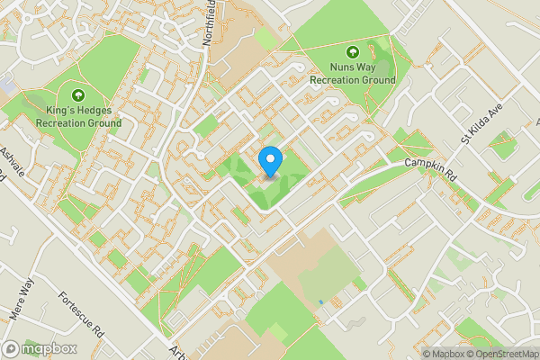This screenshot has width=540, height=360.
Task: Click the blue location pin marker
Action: pos(270,162)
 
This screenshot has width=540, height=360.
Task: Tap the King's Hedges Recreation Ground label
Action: pos(77,116)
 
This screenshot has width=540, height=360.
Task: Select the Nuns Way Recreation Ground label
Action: pos(352,73)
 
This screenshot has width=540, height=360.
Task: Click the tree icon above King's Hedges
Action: pos(77,94)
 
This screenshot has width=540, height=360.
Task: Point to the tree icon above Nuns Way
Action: pos(352,50)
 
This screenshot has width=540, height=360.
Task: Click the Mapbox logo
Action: pos(39,349)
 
